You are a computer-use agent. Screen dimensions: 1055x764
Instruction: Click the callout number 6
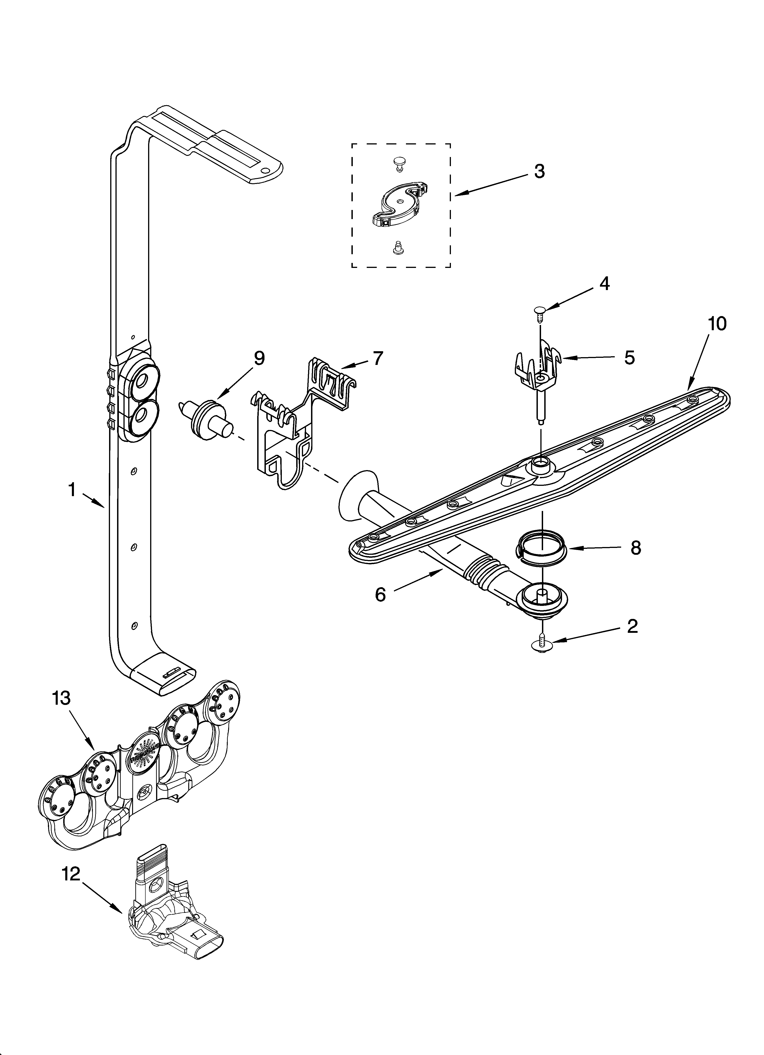tap(381, 595)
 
